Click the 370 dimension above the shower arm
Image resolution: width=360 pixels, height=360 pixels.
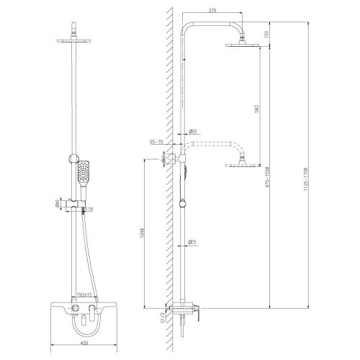click(x=210, y=11)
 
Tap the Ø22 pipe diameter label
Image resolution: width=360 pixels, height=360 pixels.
click(x=193, y=131)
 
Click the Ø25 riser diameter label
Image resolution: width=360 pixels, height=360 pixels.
click(x=194, y=243)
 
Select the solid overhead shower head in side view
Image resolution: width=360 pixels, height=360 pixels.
click(x=242, y=46)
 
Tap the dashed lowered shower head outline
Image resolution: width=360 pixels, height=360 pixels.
click(x=242, y=166)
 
